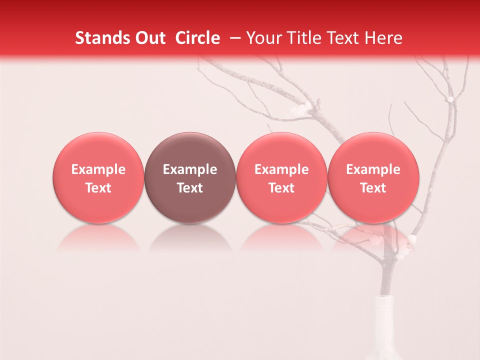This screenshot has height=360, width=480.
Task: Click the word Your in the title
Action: (262, 38)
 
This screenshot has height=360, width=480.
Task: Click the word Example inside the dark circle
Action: (190, 169)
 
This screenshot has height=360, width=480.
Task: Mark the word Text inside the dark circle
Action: (190, 188)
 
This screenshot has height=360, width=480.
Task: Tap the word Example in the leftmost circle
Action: (98, 169)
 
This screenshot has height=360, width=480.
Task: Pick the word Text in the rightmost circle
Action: (373, 188)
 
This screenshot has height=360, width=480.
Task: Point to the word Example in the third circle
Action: (281, 169)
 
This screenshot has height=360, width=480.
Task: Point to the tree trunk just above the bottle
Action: (385, 280)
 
